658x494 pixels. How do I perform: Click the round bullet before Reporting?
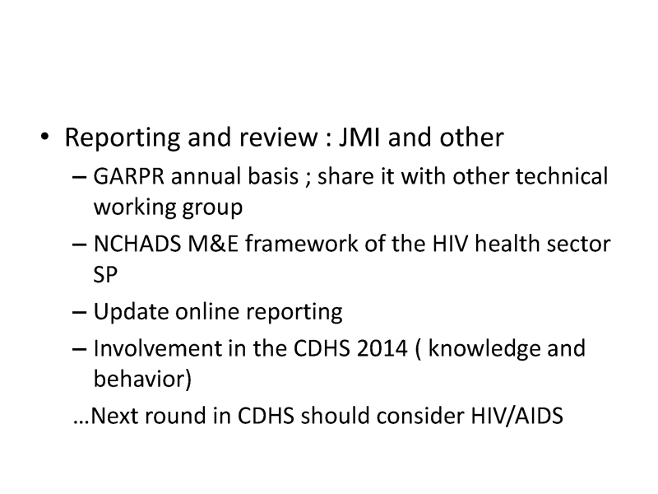[x=44, y=137]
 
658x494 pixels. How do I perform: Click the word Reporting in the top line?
[x=123, y=138]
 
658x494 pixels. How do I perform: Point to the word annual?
[x=206, y=176]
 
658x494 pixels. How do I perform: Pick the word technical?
[x=562, y=176]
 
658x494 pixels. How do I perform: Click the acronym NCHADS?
[x=137, y=244]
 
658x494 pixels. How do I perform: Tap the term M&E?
[x=213, y=244]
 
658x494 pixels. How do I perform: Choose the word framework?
[x=301, y=244]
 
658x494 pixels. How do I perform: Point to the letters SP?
[x=105, y=275]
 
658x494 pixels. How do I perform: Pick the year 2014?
[x=382, y=348]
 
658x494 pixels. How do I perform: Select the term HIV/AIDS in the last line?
[x=517, y=417]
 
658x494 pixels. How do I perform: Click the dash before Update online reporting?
[x=79, y=313]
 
